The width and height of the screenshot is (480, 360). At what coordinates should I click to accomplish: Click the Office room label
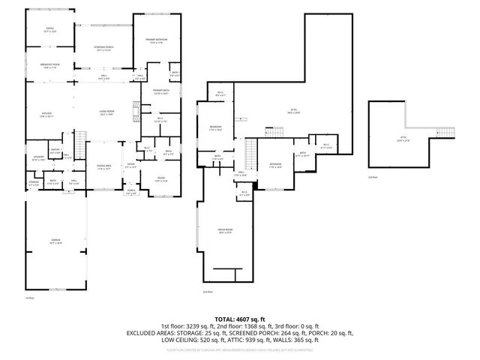[49, 30]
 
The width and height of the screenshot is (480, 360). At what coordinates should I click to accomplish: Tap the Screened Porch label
[103, 49]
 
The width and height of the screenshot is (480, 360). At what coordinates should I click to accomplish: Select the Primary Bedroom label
[157, 41]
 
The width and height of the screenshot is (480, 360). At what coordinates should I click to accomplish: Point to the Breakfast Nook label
[49, 66]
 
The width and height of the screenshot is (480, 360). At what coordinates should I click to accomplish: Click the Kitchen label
[47, 115]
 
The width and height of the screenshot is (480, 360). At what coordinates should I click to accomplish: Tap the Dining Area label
[103, 166]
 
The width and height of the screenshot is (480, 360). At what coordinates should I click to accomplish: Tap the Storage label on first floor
[34, 182]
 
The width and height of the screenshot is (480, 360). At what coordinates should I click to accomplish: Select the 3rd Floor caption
[373, 177]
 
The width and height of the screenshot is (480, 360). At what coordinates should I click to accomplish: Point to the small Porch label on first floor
[130, 191]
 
